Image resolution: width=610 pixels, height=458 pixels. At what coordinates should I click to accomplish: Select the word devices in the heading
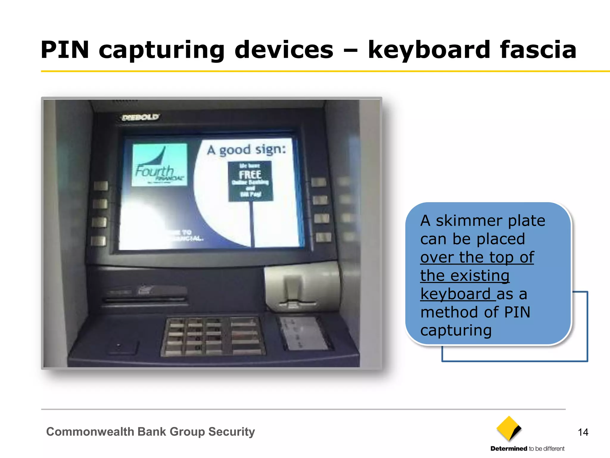pos(284,50)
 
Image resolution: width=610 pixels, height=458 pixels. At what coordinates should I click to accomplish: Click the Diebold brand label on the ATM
pos(141,117)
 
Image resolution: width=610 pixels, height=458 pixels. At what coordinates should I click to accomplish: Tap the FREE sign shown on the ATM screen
pos(250,181)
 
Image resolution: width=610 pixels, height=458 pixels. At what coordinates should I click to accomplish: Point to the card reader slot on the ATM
pos(145,295)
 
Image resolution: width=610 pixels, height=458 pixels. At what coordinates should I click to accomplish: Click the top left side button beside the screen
pos(101,186)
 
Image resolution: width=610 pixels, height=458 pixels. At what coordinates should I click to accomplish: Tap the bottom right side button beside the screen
pos(323,237)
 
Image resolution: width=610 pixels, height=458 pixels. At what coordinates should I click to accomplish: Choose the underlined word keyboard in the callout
pos(455,294)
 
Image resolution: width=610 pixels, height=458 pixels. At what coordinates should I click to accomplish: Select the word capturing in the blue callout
pos(456,331)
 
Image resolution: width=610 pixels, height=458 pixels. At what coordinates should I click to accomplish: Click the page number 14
pos(583,432)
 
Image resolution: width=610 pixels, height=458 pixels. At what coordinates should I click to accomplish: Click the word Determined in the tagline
pos(509,449)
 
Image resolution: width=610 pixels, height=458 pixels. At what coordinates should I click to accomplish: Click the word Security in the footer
pos(231,432)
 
